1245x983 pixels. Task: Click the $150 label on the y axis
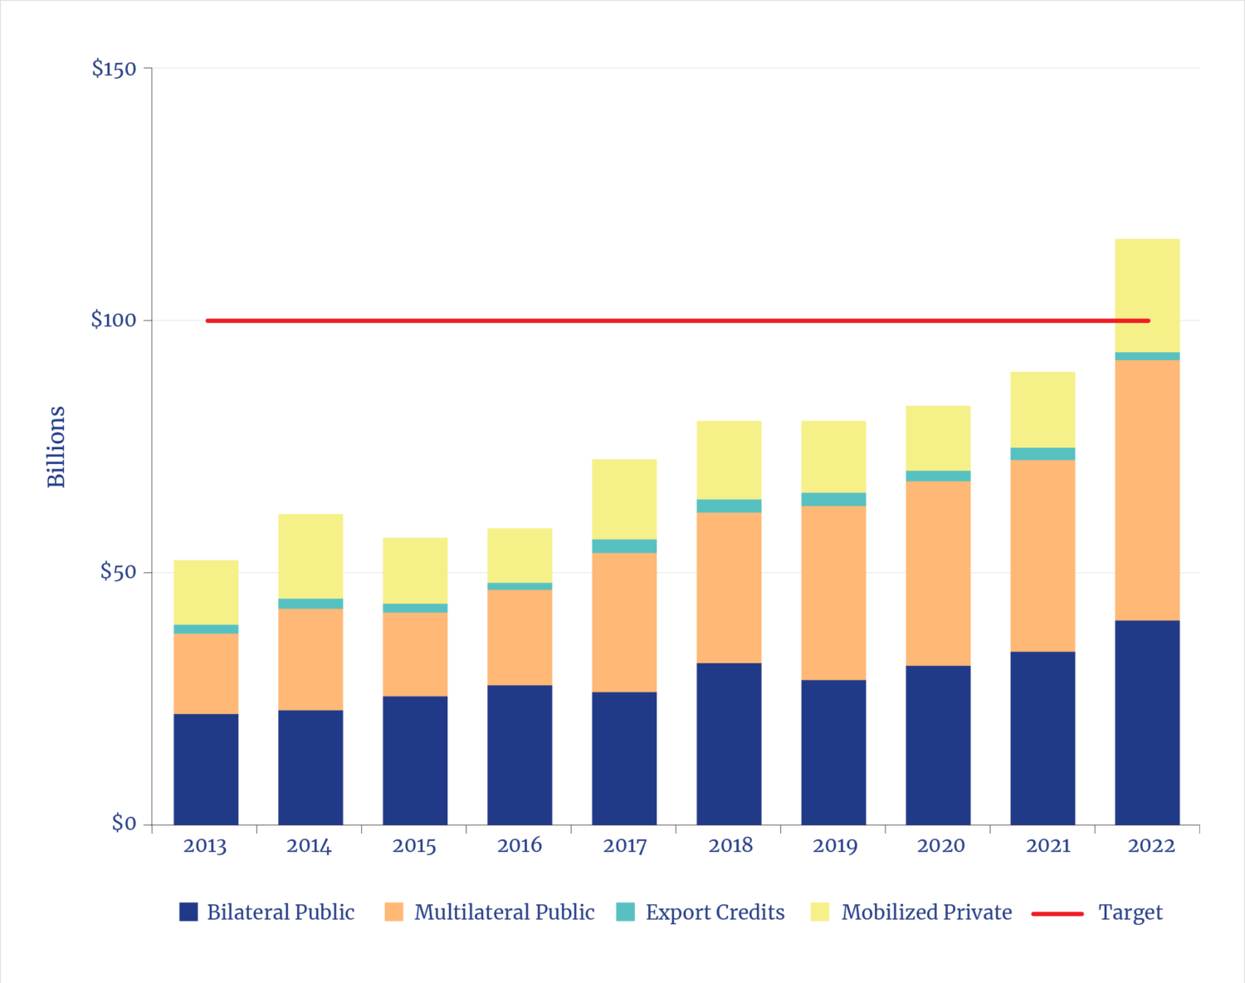pos(114,68)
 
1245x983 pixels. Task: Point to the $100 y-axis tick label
pos(114,320)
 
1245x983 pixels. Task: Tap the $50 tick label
pos(118,571)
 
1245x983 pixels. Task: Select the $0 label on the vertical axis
pos(124,823)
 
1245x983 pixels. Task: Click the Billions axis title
pos(56,447)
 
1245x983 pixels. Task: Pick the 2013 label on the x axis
pos(205,846)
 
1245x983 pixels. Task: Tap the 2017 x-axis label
pos(624,846)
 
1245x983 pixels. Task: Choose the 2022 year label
pos(1151,846)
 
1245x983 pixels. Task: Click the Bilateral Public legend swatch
pos(188,912)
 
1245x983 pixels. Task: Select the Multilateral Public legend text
pos(504,912)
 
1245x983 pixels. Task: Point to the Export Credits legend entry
pos(715,912)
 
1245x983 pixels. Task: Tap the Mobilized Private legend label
pos(926,912)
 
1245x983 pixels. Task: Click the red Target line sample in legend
pos(1057,912)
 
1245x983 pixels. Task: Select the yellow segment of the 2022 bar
pos(1147,295)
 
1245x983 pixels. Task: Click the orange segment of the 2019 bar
pos(833,593)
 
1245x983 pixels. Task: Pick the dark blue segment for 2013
pos(206,769)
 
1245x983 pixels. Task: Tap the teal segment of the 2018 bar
pos(729,506)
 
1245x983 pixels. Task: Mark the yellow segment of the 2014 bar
pos(310,555)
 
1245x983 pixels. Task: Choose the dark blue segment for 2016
pos(520,755)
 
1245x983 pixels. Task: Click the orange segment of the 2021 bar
pos(1042,555)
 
